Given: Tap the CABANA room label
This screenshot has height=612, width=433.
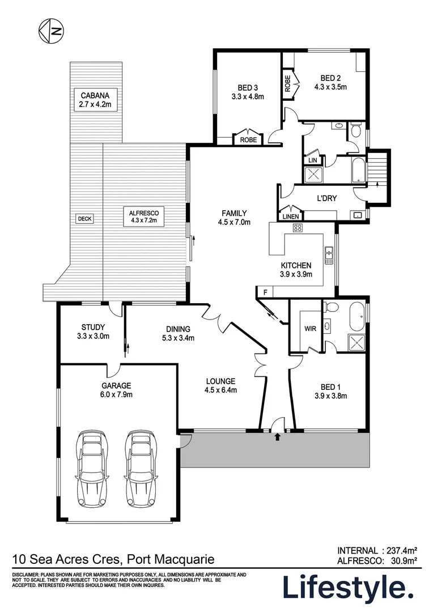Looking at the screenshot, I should point(91,95).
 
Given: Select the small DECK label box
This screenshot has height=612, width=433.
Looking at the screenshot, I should point(85,219).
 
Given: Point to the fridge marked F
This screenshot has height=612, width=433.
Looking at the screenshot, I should point(264,292).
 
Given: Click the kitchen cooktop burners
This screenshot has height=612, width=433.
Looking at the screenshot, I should point(297,228).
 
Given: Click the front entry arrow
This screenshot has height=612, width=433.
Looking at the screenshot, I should point(277,437).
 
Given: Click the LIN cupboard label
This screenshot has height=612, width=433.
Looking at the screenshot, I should point(312,161).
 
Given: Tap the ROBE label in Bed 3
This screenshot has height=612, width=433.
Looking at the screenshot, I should point(248,139).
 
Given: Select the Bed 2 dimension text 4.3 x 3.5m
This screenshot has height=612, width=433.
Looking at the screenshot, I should point(330,87).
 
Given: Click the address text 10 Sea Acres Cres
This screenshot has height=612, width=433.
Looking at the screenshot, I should point(67,560).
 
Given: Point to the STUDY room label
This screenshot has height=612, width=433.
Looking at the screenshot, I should point(94,327).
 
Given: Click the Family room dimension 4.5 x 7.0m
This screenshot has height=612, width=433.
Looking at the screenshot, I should point(233,222).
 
